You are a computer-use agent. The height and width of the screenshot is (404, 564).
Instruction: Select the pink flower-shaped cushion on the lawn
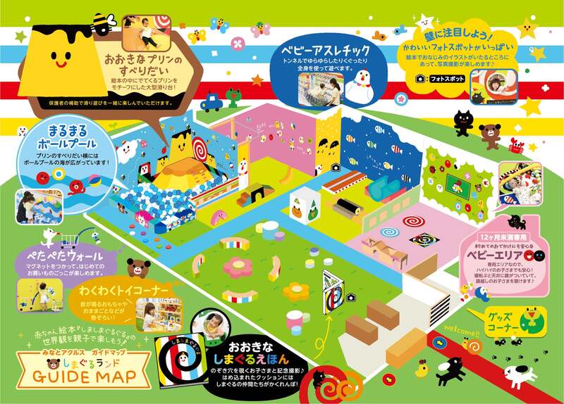click(235, 266)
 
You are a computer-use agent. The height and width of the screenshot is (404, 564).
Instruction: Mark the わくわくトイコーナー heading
click(128, 291)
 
